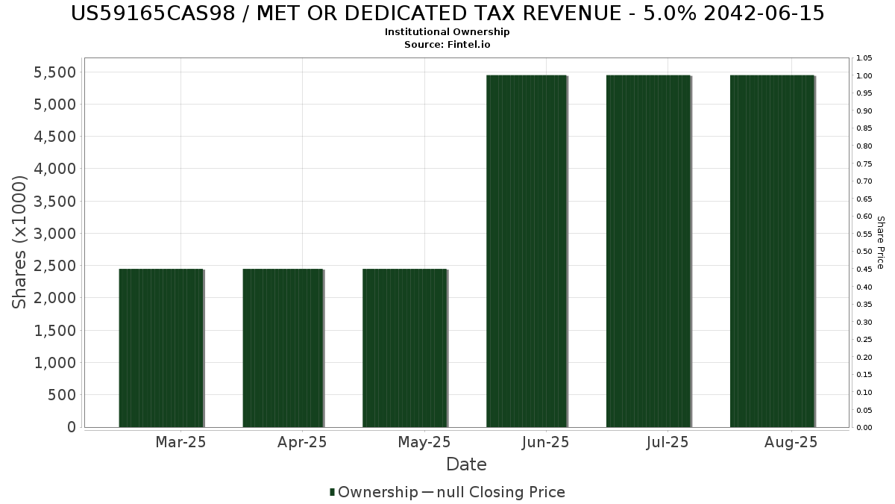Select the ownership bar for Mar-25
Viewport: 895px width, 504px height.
tap(161, 348)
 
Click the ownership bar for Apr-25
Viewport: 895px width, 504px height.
tap(283, 348)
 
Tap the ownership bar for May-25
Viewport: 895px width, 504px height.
tap(405, 348)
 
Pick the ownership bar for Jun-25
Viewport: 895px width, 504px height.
tap(527, 251)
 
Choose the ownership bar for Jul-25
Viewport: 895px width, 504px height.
tap(648, 251)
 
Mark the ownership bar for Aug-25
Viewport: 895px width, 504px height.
tap(773, 251)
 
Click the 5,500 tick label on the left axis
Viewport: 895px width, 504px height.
tap(54, 72)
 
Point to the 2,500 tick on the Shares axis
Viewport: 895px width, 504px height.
tap(54, 266)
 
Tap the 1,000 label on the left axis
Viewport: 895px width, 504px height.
tap(54, 363)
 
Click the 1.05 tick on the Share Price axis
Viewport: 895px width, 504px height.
tap(864, 58)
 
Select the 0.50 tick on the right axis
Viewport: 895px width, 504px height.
tap(864, 252)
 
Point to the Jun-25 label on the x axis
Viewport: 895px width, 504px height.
tap(545, 442)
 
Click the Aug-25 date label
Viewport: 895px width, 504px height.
tap(791, 442)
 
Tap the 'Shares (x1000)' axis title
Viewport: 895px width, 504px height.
tap(19, 243)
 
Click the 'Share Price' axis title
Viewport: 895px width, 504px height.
tap(881, 243)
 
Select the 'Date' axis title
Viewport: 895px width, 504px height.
tap(466, 464)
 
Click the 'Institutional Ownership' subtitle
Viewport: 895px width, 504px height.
tap(447, 32)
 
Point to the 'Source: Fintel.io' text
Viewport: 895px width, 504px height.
tap(447, 44)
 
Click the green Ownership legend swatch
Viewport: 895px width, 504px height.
tap(332, 492)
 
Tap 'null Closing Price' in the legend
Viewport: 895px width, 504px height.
tap(501, 492)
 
